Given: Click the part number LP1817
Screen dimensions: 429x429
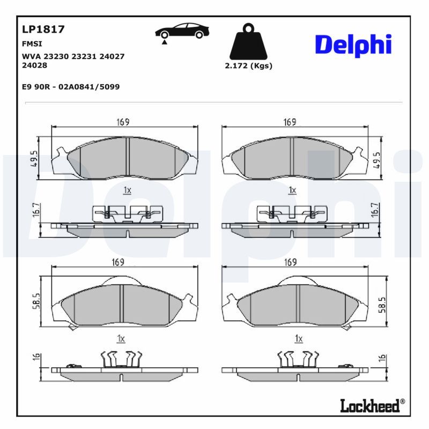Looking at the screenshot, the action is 43,29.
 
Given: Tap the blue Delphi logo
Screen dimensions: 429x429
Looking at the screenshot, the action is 353,45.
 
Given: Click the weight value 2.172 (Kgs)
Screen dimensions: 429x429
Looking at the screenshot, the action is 248,66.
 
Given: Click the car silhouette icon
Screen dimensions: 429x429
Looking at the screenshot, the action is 182,31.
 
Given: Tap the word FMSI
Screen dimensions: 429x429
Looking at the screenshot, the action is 32,44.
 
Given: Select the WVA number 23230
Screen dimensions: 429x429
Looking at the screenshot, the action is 56,56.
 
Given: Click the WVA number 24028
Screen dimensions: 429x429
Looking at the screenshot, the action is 34,65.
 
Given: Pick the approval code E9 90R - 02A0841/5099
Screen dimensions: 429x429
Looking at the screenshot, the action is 71,87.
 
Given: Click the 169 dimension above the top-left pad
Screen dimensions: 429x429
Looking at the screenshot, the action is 123,122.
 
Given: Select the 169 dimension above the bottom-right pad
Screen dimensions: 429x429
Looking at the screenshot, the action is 290,262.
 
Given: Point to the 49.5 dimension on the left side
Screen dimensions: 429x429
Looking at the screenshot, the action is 35,158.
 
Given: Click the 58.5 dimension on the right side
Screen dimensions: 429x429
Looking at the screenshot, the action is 382,305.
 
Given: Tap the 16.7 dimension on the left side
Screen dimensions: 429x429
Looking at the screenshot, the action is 36,210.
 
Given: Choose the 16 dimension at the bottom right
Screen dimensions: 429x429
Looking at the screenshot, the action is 382,358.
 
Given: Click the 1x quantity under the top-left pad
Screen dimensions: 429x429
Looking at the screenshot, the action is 127,190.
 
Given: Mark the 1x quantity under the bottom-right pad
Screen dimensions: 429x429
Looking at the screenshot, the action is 299,339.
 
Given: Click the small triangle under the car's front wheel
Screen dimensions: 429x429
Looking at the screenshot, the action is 164,42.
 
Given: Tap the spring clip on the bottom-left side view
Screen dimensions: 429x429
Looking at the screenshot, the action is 122,359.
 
